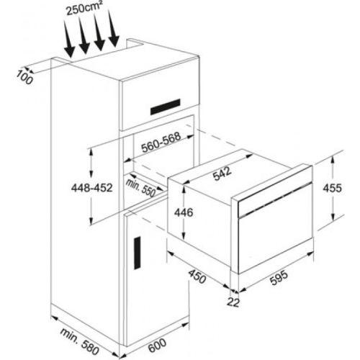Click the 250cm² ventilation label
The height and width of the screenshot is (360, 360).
84,9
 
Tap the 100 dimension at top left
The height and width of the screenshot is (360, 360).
24,78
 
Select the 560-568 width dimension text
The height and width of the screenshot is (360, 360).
161,143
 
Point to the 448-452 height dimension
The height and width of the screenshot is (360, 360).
91,188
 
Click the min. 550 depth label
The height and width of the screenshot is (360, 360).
140,188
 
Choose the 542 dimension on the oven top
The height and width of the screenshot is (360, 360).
222,174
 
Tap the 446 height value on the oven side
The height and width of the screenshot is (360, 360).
184,212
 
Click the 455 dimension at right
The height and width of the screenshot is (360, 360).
332,188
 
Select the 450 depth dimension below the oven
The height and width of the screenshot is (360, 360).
197,276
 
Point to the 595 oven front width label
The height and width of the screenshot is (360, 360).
279,278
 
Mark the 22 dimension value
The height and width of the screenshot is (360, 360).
233,303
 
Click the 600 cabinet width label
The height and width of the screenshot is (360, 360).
157,346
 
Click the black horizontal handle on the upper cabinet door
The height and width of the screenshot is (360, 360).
165,107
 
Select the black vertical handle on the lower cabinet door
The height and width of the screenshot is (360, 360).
138,253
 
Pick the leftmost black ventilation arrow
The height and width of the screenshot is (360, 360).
69,39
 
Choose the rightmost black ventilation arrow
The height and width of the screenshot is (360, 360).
113,28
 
